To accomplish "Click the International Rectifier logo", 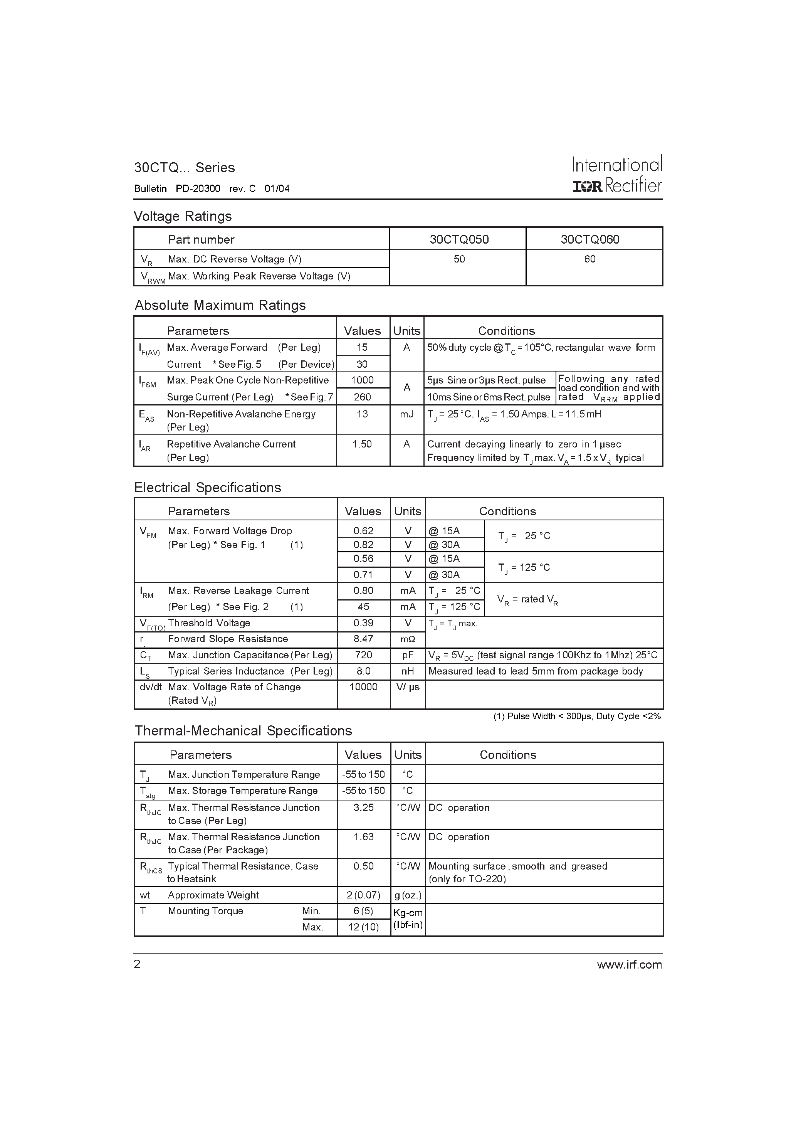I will [x=617, y=175].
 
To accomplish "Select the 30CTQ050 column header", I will [x=459, y=239].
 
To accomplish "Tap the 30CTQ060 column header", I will [x=590, y=239].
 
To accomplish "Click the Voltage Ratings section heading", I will [x=183, y=216].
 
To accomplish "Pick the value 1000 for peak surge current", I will [x=362, y=380].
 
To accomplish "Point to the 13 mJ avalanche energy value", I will [x=362, y=414].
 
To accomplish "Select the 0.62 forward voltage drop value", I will [x=363, y=531].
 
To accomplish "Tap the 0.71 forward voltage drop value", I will [x=363, y=574].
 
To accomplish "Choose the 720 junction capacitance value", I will [x=363, y=655].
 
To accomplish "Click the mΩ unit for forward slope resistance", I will [x=408, y=639].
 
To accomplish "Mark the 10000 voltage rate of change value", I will [x=363, y=687].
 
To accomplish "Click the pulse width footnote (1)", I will [x=577, y=716].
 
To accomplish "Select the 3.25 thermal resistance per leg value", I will [x=363, y=807].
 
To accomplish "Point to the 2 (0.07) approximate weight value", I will [x=363, y=895].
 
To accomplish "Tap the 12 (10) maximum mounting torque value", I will [x=363, y=927].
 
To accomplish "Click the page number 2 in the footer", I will [x=137, y=964].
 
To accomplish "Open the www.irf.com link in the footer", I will [x=629, y=964].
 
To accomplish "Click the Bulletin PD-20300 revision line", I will [x=212, y=188].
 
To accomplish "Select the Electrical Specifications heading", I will [x=208, y=488].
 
